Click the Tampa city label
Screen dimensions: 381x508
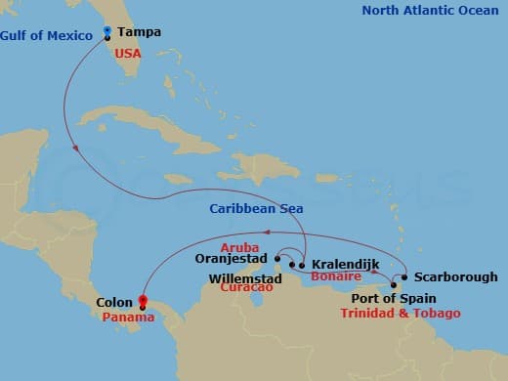coord(139,32)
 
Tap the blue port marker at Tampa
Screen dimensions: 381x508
coord(106,32)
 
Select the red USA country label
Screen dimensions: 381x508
coord(128,53)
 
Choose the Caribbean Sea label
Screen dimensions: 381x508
coord(256,209)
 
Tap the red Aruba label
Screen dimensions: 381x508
coord(239,247)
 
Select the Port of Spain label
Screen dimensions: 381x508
coord(396,299)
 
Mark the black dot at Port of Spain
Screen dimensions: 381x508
coord(393,286)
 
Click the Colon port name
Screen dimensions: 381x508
coord(115,303)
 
